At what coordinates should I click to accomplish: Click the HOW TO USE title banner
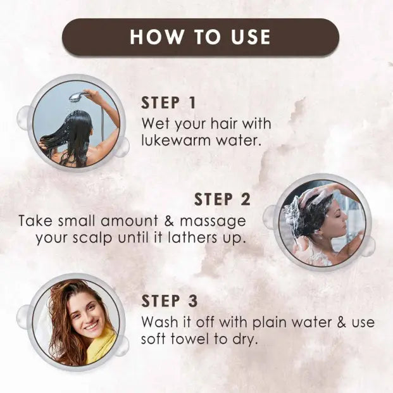pos(200,36)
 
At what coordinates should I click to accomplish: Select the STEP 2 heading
pos(222,199)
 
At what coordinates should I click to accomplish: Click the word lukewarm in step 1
pos(174,140)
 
